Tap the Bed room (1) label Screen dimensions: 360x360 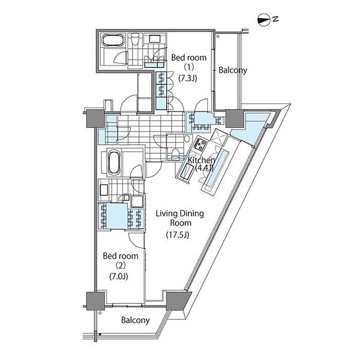click(x=189, y=62)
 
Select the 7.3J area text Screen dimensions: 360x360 click(x=188, y=79)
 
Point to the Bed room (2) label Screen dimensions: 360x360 click(x=120, y=261)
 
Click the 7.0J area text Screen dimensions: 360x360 click(x=118, y=276)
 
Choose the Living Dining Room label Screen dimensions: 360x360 click(x=180, y=218)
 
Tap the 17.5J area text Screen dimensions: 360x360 click(x=177, y=235)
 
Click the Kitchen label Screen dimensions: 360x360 click(x=202, y=160)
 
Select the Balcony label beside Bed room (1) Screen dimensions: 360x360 click(x=232, y=70)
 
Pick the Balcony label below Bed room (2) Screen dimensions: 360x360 click(x=135, y=320)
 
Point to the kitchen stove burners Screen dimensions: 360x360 click(x=201, y=143)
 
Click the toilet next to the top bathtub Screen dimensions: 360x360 click(x=135, y=40)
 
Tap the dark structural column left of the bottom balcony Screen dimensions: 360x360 click(x=95, y=300)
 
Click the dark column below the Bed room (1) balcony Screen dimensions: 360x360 click(x=235, y=118)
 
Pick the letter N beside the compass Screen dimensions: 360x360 click(x=276, y=19)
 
